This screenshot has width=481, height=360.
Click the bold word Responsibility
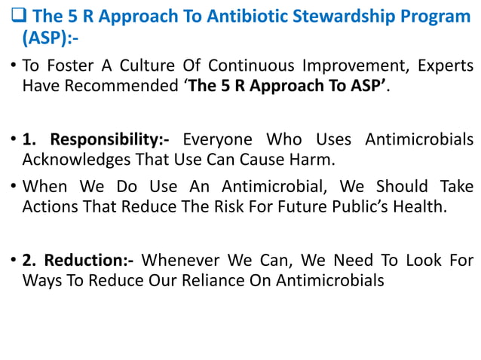(104, 139)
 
